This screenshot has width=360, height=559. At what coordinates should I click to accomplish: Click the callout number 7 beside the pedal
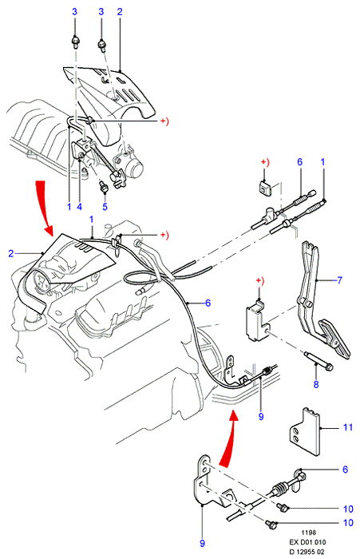[339, 280]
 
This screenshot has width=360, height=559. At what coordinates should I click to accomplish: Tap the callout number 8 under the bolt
[316, 384]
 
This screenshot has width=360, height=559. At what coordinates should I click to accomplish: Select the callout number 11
[348, 427]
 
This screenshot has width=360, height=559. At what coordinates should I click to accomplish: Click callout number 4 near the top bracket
[80, 206]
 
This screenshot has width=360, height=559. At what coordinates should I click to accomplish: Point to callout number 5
[105, 207]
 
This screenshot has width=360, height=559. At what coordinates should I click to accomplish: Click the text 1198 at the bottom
[308, 533]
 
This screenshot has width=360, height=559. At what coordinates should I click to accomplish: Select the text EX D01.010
[307, 542]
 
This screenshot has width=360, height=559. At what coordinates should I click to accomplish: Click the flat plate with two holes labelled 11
[304, 431]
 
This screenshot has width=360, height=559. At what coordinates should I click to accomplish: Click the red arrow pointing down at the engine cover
[44, 208]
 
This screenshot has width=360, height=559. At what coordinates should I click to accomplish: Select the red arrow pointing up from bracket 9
[228, 438]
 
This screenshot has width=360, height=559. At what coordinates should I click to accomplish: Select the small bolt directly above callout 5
[103, 186]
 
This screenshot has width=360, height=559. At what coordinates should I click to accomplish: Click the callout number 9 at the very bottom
[203, 543]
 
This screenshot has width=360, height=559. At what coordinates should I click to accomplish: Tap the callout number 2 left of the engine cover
[11, 253]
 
